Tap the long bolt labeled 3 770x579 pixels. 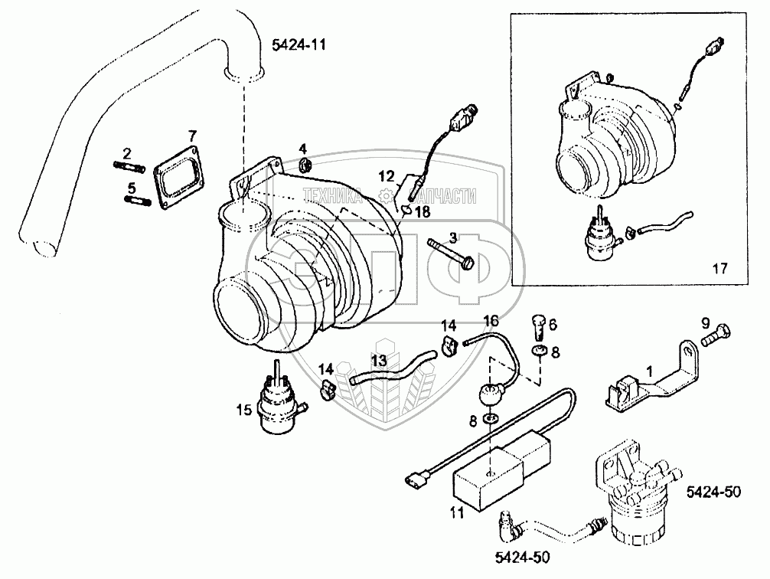[451, 255]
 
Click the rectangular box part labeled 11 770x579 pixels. [490, 472]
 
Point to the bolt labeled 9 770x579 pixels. [717, 335]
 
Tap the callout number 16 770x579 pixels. [490, 319]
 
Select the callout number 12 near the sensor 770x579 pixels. [385, 177]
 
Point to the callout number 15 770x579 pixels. [243, 411]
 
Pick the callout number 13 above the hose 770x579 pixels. [378, 360]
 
